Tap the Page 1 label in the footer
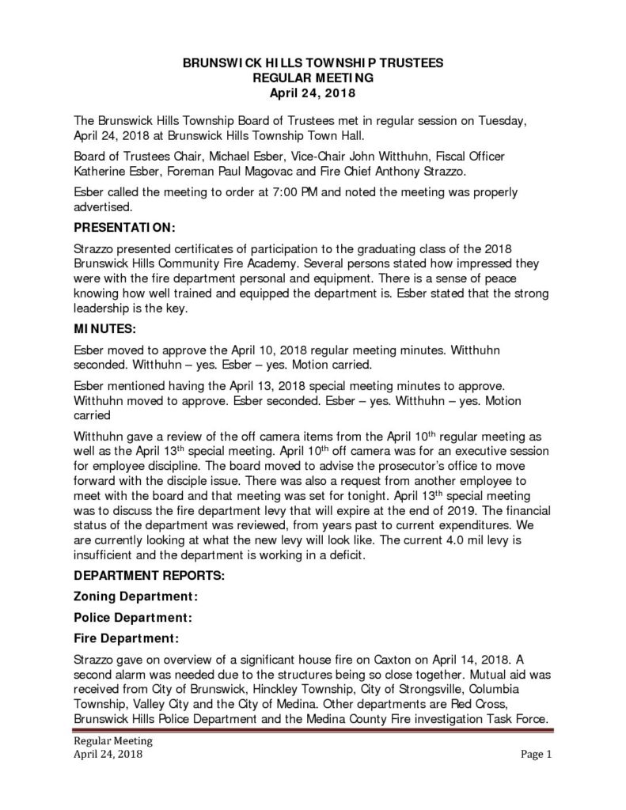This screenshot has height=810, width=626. coord(535,755)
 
